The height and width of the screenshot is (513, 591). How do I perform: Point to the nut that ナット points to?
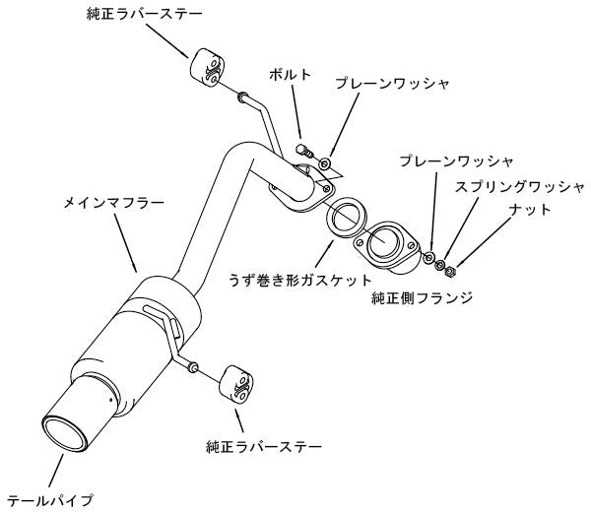tap(449, 271)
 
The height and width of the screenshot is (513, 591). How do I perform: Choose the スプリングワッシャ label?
tap(518, 185)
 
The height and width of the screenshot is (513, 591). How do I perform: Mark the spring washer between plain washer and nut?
tap(440, 265)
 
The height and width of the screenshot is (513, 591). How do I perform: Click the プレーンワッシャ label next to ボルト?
tap(390, 87)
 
